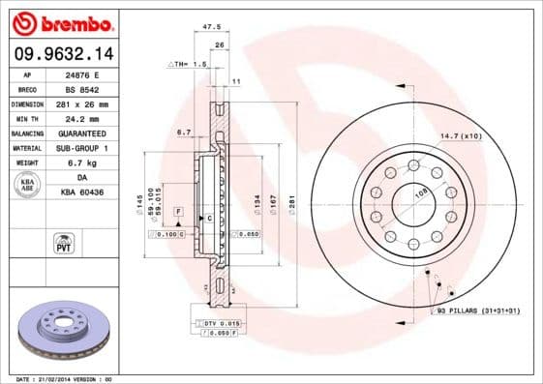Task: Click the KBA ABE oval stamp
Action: point(26,184)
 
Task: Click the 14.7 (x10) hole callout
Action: point(461,135)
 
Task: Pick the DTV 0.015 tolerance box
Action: point(222,322)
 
